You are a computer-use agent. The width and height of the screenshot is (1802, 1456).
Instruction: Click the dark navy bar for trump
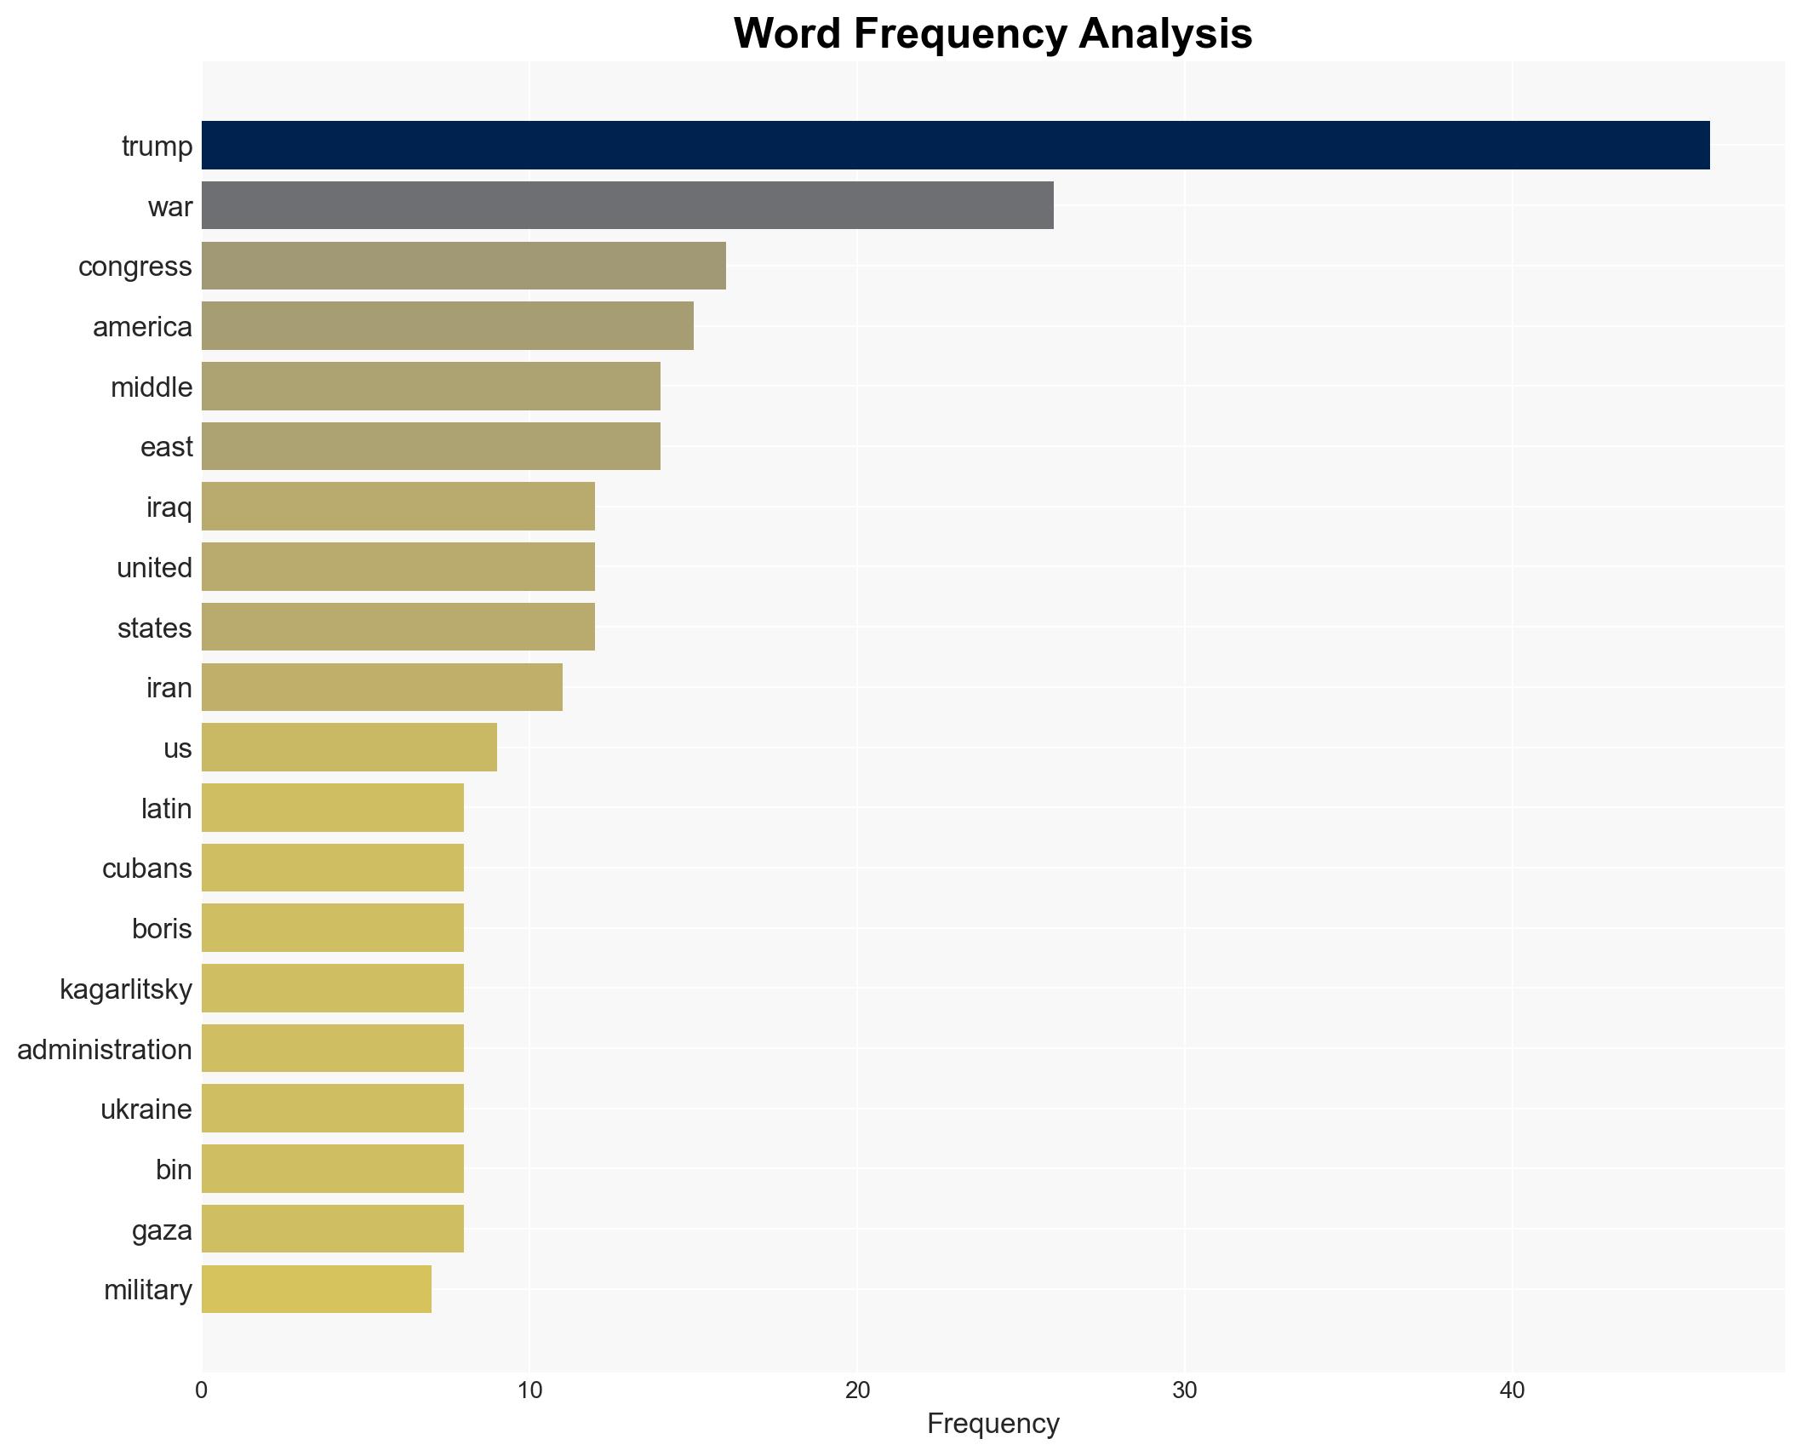click(955, 145)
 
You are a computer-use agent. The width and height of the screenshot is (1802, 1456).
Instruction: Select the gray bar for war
click(627, 205)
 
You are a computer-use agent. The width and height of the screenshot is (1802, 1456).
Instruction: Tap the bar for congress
click(464, 266)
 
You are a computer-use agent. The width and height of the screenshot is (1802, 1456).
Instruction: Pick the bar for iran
click(382, 687)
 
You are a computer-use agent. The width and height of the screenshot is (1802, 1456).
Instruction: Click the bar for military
click(317, 1289)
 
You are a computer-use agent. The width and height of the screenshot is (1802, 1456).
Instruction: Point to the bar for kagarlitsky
click(333, 988)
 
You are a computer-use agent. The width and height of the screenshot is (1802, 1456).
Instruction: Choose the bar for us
click(349, 748)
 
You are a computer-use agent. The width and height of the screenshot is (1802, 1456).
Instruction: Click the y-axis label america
click(142, 327)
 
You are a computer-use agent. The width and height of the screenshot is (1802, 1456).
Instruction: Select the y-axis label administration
click(105, 1049)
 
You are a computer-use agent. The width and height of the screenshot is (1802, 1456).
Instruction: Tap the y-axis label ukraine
click(146, 1109)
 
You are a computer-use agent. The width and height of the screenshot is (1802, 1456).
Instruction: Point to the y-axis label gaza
click(162, 1230)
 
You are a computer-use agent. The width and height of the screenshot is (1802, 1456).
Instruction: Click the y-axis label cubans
click(146, 868)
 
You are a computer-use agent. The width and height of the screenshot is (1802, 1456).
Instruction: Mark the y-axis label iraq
click(169, 507)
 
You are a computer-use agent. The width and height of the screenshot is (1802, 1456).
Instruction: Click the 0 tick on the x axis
click(202, 1390)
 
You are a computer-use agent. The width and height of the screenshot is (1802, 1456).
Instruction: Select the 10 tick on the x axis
click(529, 1390)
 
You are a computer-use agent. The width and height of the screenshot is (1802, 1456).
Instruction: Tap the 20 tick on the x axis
click(857, 1390)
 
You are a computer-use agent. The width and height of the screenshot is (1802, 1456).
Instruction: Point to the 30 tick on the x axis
click(1185, 1390)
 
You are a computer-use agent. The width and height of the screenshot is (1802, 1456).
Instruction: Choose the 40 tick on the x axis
click(1512, 1390)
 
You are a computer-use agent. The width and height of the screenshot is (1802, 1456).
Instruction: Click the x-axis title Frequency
click(993, 1424)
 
